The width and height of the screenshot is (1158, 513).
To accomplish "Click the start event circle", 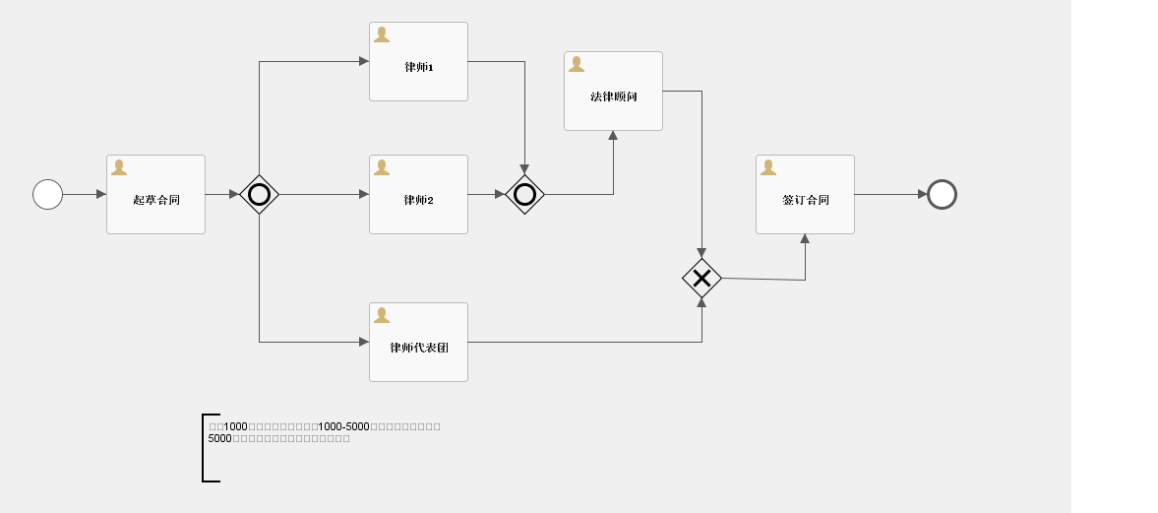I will (x=47, y=194).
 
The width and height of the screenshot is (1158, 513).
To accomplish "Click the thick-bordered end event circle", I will (x=942, y=194).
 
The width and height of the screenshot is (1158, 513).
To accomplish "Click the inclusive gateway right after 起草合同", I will (x=259, y=194).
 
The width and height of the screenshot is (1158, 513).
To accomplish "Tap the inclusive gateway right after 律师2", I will (x=524, y=194).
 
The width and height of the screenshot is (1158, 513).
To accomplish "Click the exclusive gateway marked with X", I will (x=701, y=279).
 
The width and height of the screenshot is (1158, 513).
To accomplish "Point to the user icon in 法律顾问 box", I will (x=577, y=64).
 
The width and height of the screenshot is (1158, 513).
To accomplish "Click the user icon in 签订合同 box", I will (x=768, y=167).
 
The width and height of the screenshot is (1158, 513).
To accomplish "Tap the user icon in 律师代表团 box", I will (x=382, y=315).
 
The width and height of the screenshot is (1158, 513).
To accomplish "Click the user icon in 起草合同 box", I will (x=119, y=167).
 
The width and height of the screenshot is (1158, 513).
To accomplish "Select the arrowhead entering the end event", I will (x=922, y=194).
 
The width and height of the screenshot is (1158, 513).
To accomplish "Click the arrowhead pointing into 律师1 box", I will (x=363, y=61).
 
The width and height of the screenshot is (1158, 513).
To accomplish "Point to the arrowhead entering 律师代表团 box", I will (x=363, y=342).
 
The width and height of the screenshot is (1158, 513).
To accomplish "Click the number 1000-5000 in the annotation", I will (x=343, y=426).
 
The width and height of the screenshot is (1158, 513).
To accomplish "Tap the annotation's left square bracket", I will (x=204, y=448).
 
